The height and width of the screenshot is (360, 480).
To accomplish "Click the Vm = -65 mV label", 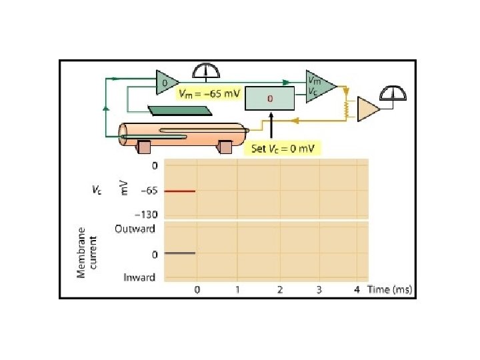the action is (209, 93).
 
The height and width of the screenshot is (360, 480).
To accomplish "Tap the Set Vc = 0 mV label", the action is (283, 149).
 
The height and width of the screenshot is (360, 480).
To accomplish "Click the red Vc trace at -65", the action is (180, 191).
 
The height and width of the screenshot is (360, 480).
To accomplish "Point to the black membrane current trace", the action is (180, 253).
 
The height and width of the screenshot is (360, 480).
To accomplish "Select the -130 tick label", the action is (146, 215).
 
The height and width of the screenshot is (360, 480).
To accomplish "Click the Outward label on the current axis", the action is (135, 229).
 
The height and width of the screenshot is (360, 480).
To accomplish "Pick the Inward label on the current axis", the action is (139, 277).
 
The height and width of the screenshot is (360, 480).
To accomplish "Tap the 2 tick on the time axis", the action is (280, 289).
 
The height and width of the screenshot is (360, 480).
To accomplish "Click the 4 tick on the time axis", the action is (357, 289).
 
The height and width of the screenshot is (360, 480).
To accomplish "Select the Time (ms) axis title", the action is (390, 289).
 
